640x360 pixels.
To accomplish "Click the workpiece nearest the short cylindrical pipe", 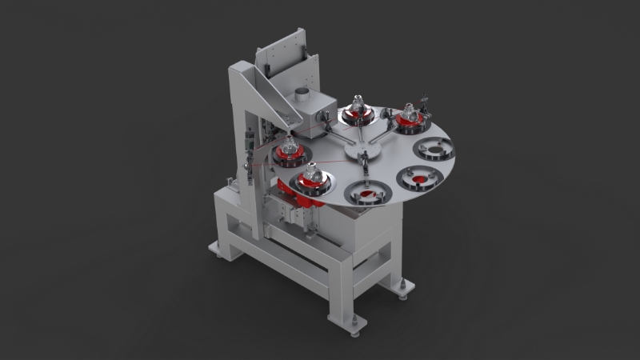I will [x=356, y=110].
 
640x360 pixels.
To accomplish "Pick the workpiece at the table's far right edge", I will [x=411, y=117].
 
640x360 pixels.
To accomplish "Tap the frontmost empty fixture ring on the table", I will [x=366, y=193].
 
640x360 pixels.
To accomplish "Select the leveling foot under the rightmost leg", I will [x=402, y=287].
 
